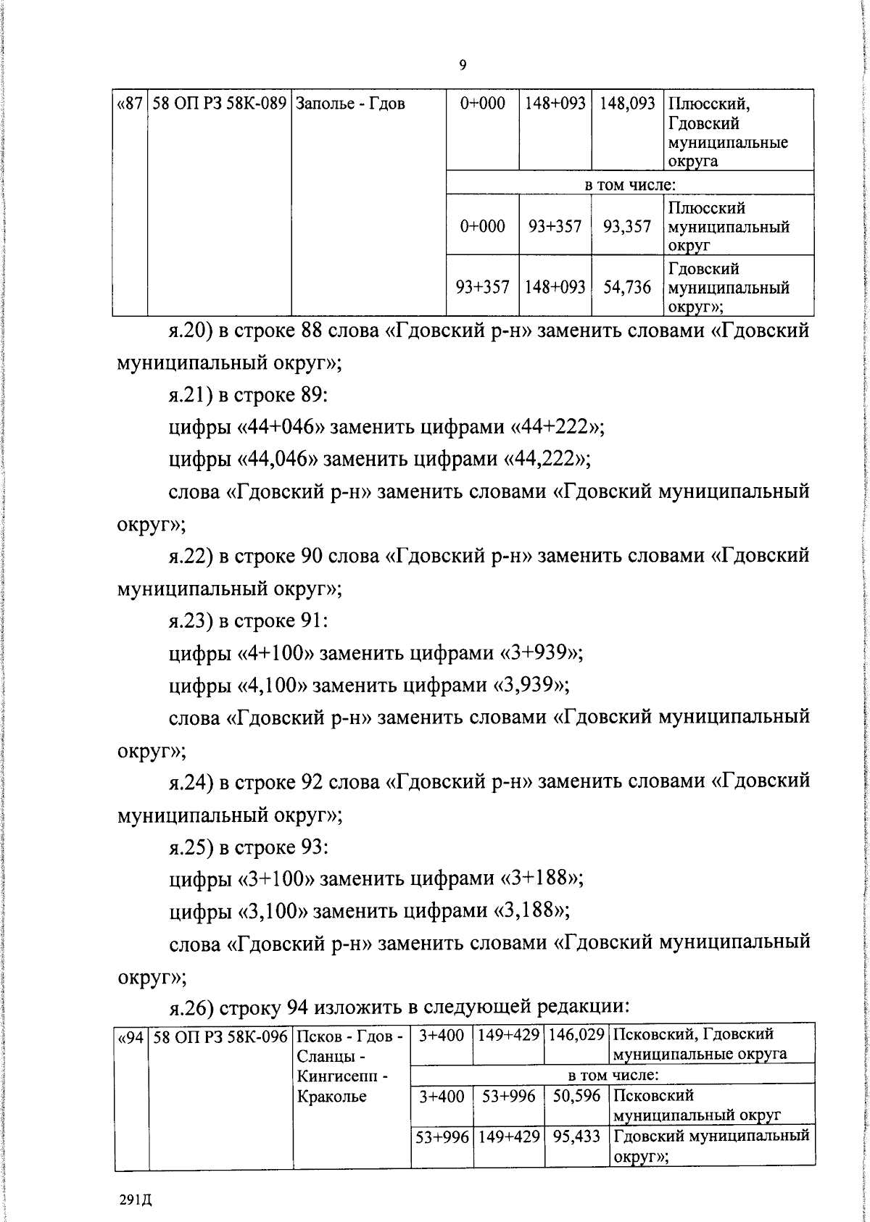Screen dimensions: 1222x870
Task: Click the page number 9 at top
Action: coord(463,66)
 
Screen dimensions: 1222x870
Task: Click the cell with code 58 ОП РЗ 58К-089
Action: coord(219,104)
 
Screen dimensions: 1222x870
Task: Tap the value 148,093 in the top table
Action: coord(627,104)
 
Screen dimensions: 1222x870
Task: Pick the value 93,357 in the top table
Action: coord(627,227)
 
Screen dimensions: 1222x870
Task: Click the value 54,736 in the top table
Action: coord(627,288)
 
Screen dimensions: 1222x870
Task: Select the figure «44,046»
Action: coord(278,459)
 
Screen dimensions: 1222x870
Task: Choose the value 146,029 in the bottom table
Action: coord(576,1036)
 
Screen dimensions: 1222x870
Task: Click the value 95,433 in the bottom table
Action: coord(576,1136)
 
